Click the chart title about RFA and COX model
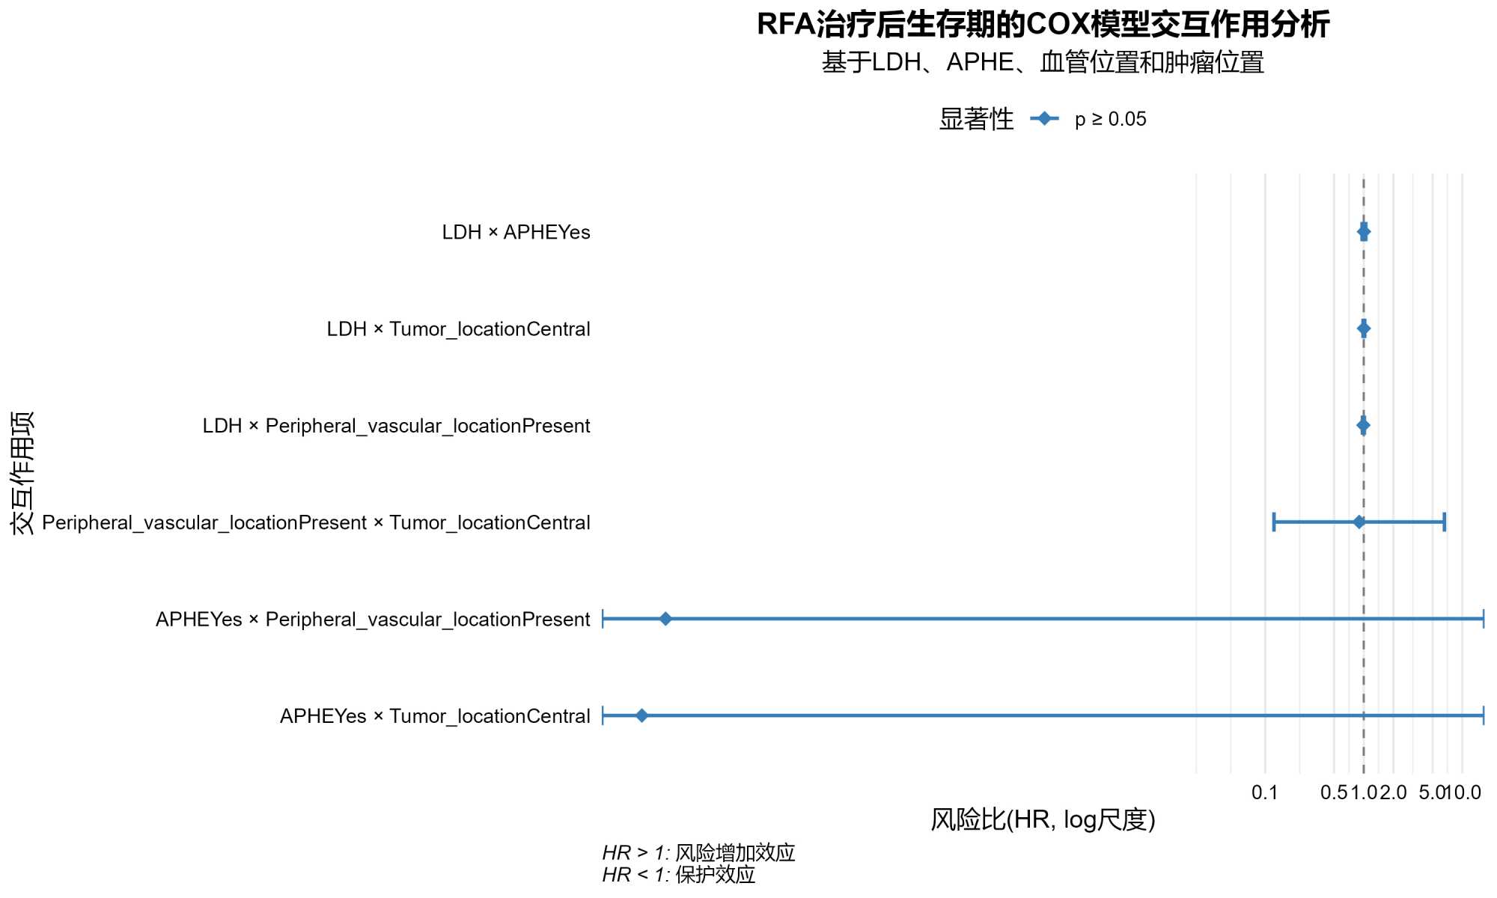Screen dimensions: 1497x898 click(x=1043, y=25)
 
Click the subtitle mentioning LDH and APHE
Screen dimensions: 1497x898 click(x=1043, y=62)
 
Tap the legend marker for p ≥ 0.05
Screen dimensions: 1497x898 click(x=1044, y=119)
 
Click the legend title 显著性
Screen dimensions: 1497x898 click(x=976, y=119)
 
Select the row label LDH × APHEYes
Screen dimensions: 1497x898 click(x=516, y=233)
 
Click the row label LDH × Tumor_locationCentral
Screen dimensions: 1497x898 click(x=458, y=329)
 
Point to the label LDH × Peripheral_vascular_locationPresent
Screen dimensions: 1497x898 click(x=396, y=426)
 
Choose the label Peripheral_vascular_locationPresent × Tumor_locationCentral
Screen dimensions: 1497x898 click(x=316, y=522)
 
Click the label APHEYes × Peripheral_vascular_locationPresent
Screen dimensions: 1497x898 click(x=373, y=620)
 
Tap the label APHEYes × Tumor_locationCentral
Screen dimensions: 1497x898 click(x=435, y=716)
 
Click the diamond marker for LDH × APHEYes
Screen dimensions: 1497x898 click(x=1364, y=232)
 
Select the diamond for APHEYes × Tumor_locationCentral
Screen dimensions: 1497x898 click(x=641, y=716)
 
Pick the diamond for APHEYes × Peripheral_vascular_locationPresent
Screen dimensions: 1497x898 click(x=665, y=619)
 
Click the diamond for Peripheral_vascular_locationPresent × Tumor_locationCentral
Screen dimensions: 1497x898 click(x=1359, y=522)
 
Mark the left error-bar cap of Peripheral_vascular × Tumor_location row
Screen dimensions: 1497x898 click(x=1274, y=522)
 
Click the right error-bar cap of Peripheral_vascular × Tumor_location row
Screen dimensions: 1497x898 click(x=1444, y=522)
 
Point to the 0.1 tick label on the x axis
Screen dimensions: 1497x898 click(x=1265, y=792)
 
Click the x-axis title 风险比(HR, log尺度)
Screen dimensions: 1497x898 click(x=1043, y=820)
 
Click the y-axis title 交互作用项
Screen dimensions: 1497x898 click(x=22, y=473)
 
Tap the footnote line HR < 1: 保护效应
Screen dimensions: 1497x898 click(x=679, y=875)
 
